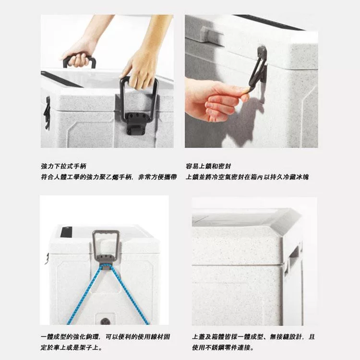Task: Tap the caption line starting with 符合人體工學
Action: click(109, 177)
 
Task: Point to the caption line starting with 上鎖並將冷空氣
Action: click(247, 177)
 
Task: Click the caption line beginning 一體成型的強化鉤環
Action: click(105, 337)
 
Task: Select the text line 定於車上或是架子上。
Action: click(72, 348)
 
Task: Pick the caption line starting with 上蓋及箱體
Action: click(253, 337)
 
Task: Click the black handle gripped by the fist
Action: click(79, 61)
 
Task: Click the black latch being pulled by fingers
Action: click(257, 72)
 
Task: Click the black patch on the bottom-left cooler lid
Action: click(66, 232)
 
